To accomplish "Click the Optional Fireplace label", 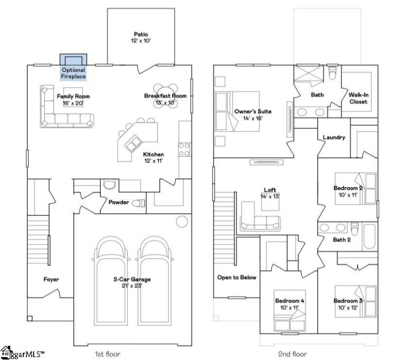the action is [x=73, y=73].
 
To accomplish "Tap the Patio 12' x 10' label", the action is [x=141, y=37].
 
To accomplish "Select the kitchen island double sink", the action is [x=133, y=143].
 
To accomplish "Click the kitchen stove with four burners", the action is [x=185, y=150].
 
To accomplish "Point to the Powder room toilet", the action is [x=139, y=203].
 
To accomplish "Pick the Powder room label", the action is [x=118, y=202].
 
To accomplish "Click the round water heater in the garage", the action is [x=182, y=221].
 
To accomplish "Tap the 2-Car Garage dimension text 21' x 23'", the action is [x=132, y=286].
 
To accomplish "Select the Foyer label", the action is [x=51, y=279].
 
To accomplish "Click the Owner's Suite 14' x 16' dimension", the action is [x=253, y=118].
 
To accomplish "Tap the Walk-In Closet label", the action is [x=359, y=98].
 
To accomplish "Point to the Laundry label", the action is [x=334, y=138].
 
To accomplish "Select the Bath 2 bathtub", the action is [x=369, y=236].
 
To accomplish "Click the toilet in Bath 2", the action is [x=355, y=229].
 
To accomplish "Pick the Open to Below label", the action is [x=237, y=277].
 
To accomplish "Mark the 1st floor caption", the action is [x=107, y=354].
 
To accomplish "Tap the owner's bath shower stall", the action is [x=308, y=74].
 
